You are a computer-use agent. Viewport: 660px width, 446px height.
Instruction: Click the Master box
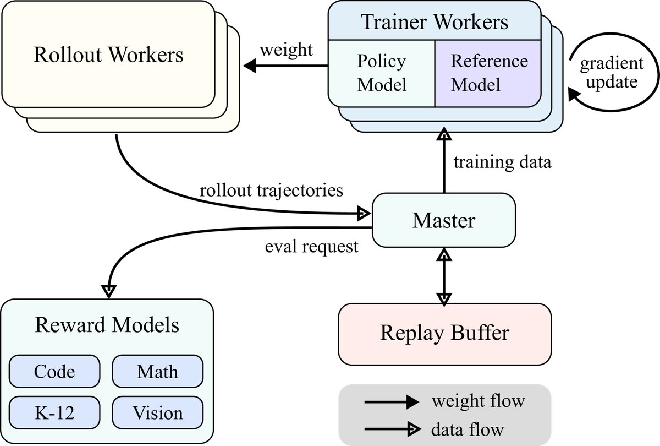coord(444,220)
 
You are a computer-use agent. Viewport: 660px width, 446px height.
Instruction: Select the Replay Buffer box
coord(444,333)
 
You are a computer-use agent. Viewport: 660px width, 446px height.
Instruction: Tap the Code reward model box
coord(54,371)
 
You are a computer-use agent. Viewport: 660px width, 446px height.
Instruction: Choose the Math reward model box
coord(157,371)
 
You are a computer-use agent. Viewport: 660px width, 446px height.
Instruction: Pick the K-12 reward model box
coord(54,412)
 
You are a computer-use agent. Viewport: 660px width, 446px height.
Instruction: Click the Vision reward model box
coord(157,412)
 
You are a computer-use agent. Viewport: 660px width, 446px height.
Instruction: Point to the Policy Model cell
coord(382,73)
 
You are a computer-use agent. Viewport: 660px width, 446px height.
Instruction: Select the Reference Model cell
coord(488,73)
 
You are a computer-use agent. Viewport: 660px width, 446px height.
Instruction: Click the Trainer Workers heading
coord(435,22)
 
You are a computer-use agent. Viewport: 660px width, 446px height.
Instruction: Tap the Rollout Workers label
coord(108,55)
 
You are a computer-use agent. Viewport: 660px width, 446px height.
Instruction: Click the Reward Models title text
coord(107,325)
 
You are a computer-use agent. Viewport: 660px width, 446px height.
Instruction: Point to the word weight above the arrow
coord(286,50)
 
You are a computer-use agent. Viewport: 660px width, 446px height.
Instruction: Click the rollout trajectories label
coord(271,191)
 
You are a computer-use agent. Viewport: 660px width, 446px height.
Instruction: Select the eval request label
coord(311,246)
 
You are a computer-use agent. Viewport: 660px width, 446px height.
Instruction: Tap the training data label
coord(502,162)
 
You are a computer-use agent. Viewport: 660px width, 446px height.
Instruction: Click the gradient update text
coord(611,73)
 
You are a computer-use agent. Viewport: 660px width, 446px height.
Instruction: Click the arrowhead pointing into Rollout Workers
coord(251,66)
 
